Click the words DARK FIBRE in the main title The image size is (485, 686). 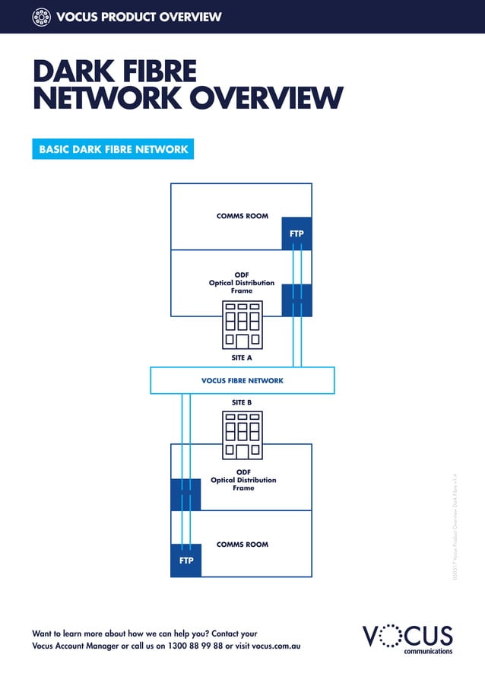(x=114, y=73)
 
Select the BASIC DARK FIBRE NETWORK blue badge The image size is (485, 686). (x=113, y=149)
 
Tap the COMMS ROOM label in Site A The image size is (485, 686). (x=242, y=216)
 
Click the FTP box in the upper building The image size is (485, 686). (x=296, y=233)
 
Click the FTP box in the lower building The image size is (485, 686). (x=186, y=561)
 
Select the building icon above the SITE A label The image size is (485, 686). (x=242, y=326)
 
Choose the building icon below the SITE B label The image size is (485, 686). (x=242, y=435)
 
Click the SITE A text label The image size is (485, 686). (x=242, y=357)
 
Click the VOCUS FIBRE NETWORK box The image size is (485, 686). (x=242, y=380)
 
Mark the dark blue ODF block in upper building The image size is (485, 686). (x=296, y=300)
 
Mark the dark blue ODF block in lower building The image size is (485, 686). (x=186, y=494)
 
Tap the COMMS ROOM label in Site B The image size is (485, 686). (x=242, y=545)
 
